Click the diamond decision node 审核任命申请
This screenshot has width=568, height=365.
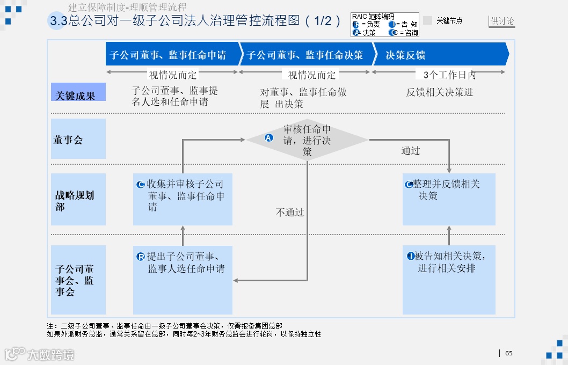[x=307, y=140]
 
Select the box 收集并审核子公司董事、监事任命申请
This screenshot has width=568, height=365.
[x=183, y=199]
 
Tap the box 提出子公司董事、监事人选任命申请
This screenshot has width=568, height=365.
[x=183, y=280]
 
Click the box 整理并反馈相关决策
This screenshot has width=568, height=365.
[x=449, y=199]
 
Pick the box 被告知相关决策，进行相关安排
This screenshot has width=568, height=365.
[x=449, y=280]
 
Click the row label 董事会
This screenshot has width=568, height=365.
[x=78, y=139]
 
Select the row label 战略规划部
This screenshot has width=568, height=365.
[x=78, y=199]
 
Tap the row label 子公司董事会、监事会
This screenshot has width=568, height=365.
[x=78, y=280]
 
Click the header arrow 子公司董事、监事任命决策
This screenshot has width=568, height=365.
[x=306, y=54]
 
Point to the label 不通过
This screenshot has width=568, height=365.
[x=290, y=213]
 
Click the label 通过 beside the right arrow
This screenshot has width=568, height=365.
[x=411, y=151]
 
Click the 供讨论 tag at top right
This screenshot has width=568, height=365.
[x=502, y=21]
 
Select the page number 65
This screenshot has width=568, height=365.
[x=509, y=353]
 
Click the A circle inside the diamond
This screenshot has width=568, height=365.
[x=270, y=138]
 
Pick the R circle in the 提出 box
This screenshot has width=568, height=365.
[x=141, y=257]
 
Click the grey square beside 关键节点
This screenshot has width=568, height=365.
[x=427, y=20]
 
